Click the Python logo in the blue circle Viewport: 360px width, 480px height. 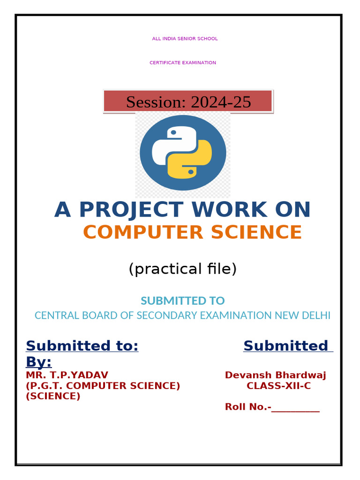click(183, 153)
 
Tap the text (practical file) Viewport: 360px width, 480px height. click(182, 269)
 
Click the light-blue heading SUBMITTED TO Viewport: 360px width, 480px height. click(182, 300)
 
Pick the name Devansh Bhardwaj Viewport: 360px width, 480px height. click(276, 375)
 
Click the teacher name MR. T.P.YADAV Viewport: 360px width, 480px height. click(67, 375)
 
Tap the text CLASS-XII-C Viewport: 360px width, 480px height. click(278, 386)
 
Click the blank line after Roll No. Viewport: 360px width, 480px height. click(296, 407)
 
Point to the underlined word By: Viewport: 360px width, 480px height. click(38, 361)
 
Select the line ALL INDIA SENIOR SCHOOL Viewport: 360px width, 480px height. click(185, 38)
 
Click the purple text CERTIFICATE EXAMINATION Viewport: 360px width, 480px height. click(183, 63)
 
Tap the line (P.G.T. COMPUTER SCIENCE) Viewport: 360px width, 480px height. click(103, 386)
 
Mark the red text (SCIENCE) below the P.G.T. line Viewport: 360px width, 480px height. click(53, 396)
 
